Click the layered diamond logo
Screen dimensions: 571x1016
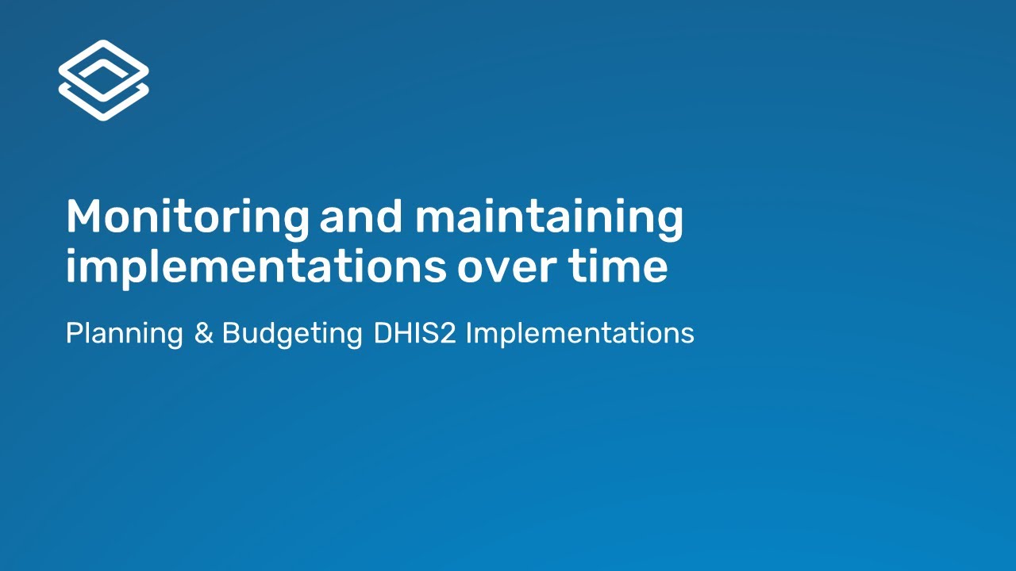pos(103,80)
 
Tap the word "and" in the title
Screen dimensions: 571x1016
pos(360,217)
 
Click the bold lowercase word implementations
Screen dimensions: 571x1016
pos(256,267)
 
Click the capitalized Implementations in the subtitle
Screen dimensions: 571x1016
pos(579,334)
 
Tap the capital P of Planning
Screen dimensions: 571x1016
pos(73,333)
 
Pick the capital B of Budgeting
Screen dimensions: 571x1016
pos(230,333)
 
